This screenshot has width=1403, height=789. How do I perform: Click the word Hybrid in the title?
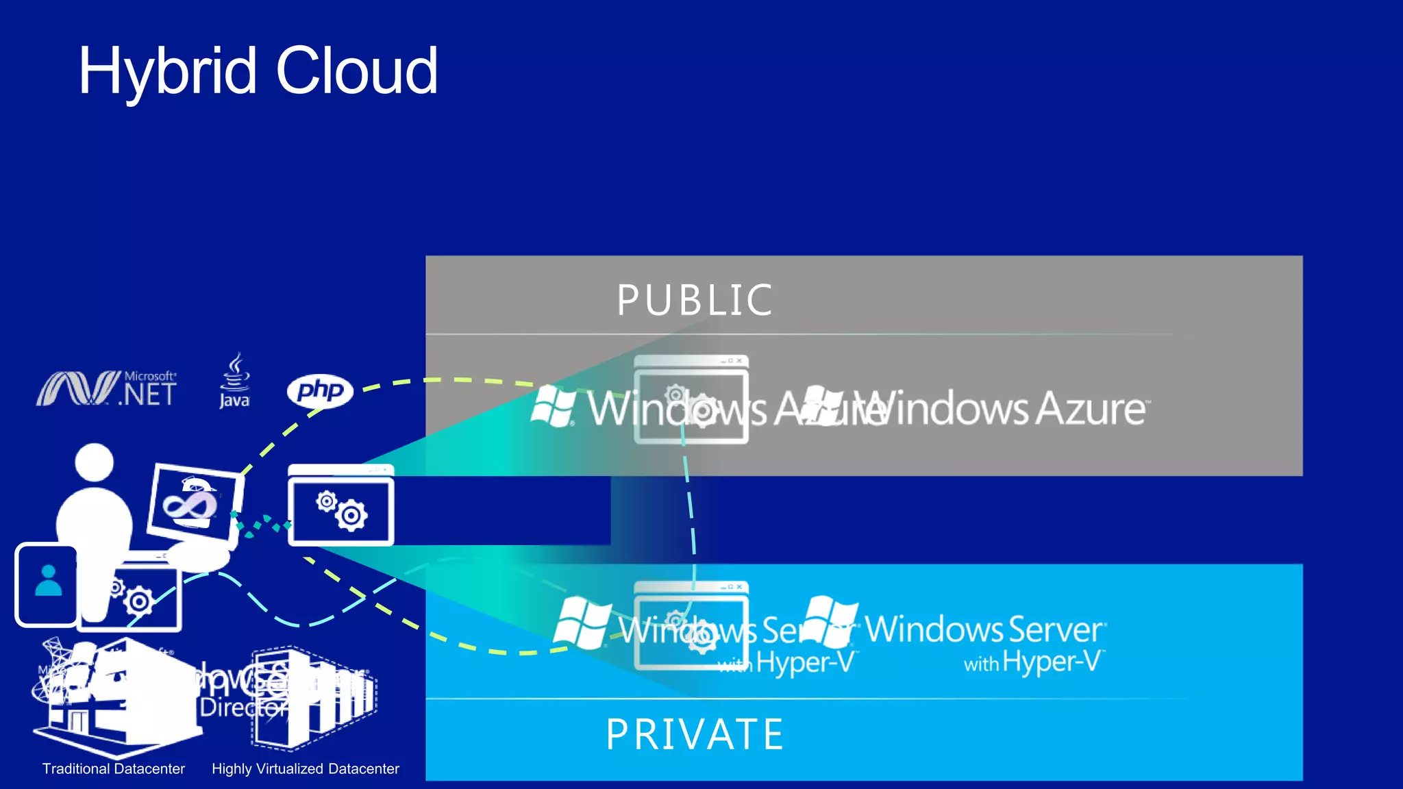(x=168, y=72)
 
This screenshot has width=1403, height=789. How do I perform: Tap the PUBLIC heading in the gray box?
(x=695, y=301)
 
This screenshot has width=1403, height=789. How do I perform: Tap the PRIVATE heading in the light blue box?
(x=695, y=735)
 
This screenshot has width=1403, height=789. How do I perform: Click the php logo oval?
(x=320, y=391)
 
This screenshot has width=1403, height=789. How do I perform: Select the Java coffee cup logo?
(x=235, y=381)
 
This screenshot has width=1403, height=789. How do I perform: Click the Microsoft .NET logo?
(x=107, y=389)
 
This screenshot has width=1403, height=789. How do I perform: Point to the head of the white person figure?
(x=94, y=462)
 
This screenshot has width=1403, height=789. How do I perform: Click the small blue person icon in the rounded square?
(x=48, y=581)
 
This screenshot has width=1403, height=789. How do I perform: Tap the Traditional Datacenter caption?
(x=114, y=768)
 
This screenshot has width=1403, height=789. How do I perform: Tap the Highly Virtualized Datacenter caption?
(x=305, y=768)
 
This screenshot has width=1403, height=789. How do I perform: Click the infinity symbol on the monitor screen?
(x=190, y=505)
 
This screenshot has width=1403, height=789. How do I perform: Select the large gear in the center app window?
(x=351, y=516)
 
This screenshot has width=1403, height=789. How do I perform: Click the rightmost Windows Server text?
(x=984, y=629)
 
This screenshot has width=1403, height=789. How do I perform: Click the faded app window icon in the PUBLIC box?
(x=691, y=400)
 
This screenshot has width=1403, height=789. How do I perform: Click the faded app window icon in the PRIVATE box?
(x=691, y=625)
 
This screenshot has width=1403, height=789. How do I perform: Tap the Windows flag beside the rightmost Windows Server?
(x=830, y=622)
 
